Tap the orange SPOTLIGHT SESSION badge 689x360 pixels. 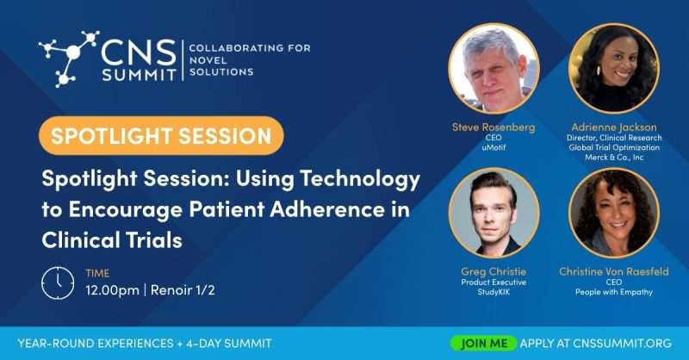pyautogui.click(x=161, y=135)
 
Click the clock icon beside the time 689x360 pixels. pyautogui.click(x=58, y=282)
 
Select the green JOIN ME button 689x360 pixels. pyautogui.click(x=484, y=343)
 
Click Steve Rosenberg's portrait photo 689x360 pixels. pyautogui.click(x=493, y=68)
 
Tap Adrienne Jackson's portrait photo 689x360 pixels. pyautogui.click(x=614, y=68)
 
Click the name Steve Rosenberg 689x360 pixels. pyautogui.click(x=493, y=127)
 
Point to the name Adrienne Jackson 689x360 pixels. pyautogui.click(x=614, y=127)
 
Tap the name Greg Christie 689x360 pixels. pyautogui.click(x=493, y=271)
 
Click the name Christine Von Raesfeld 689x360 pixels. pyautogui.click(x=614, y=271)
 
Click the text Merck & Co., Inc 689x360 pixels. pyautogui.click(x=614, y=158)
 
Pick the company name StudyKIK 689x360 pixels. pyautogui.click(x=493, y=292)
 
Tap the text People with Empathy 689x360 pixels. pyautogui.click(x=614, y=292)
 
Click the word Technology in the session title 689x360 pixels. pyautogui.click(x=362, y=180)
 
